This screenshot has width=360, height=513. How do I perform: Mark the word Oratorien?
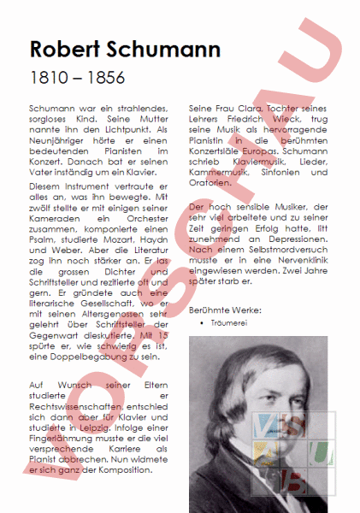click(209, 182)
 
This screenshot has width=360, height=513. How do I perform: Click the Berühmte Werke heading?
click(225, 310)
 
